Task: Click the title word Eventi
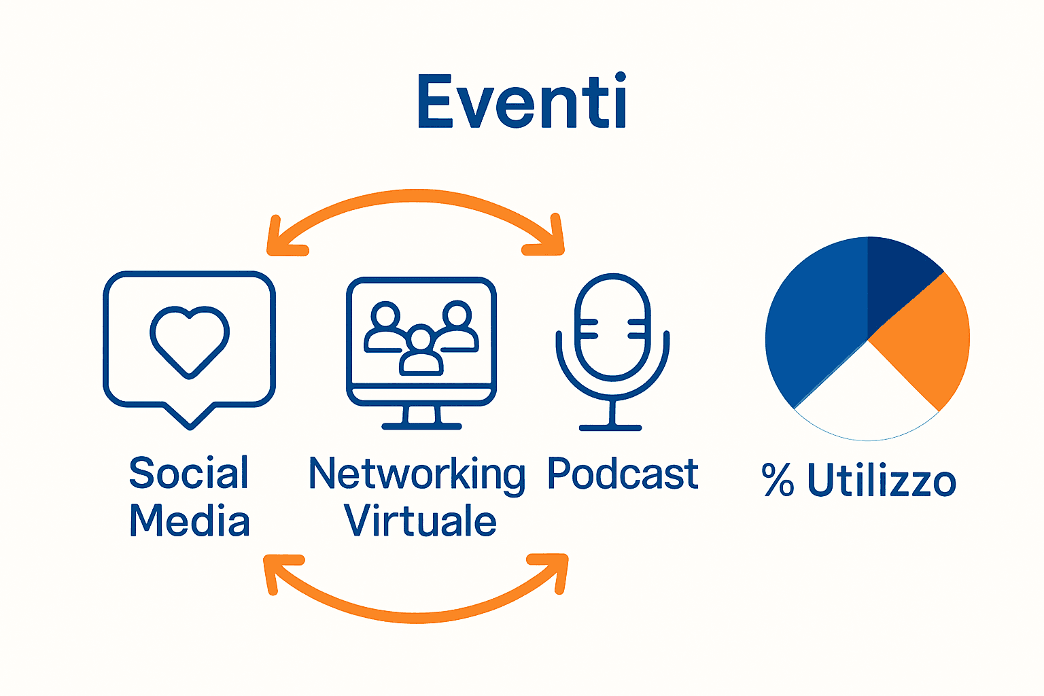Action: (x=521, y=102)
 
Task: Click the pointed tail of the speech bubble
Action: (x=190, y=418)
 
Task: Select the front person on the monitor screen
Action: (x=421, y=353)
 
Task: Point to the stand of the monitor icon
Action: (x=421, y=417)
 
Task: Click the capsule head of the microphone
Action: (x=612, y=326)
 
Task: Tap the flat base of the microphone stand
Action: (x=610, y=428)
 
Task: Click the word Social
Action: (x=189, y=473)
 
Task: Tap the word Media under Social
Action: (x=190, y=521)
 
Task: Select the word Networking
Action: (x=417, y=474)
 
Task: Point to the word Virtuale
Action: (x=420, y=521)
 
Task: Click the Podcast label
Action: (x=623, y=473)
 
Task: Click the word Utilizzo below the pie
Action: (x=882, y=480)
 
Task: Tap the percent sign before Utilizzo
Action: (x=778, y=480)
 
